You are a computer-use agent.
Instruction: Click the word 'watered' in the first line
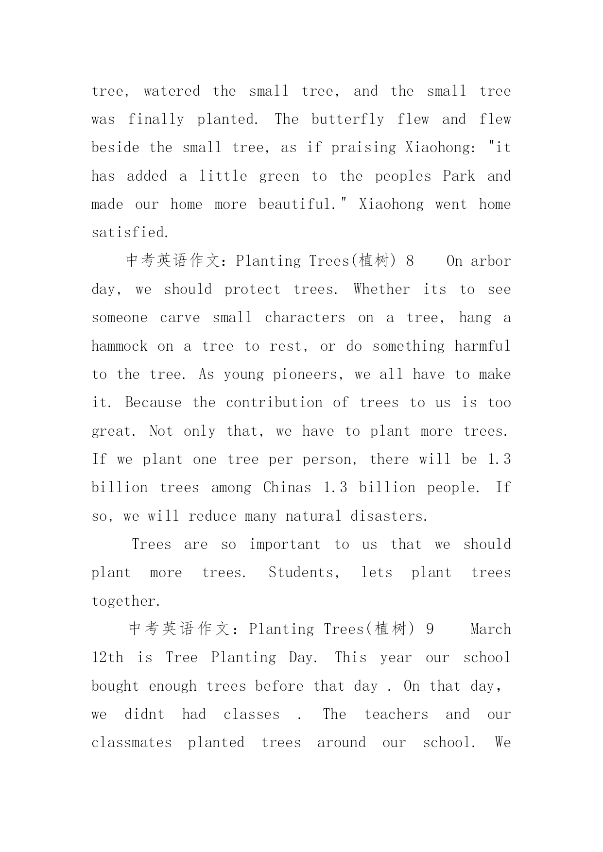(172, 91)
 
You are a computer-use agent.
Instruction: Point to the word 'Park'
(459, 176)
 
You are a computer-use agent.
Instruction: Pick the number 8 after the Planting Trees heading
(410, 261)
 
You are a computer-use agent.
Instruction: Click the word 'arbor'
(491, 261)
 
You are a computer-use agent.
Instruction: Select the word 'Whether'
(382, 290)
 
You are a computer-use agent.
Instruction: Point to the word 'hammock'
(120, 346)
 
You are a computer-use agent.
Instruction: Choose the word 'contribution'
(274, 403)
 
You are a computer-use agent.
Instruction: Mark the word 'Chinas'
(287, 488)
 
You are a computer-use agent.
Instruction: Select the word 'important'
(285, 545)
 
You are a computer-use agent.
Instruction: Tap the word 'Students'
(304, 573)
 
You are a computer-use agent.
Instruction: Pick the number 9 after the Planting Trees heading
(430, 630)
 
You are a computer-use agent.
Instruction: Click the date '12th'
(107, 658)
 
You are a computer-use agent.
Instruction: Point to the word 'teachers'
(396, 715)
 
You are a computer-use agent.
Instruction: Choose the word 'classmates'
(132, 743)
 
